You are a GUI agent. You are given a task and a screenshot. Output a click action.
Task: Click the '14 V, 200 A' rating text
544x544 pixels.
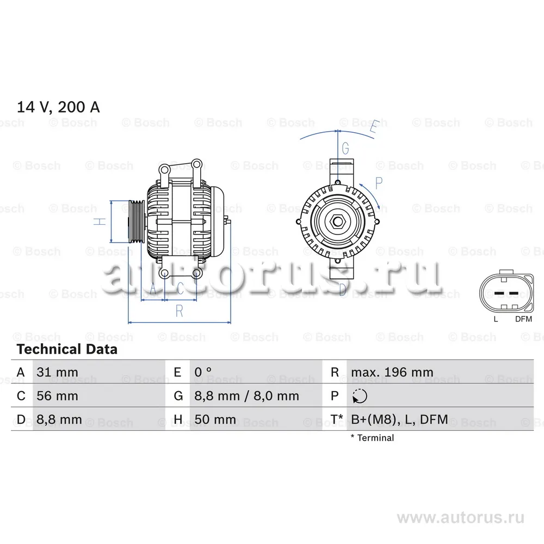[58, 107]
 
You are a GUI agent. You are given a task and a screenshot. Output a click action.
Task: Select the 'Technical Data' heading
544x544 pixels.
[67, 349]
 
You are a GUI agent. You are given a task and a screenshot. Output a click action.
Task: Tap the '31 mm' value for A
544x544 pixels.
[57, 373]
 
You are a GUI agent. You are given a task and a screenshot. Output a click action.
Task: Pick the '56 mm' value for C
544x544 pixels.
[57, 396]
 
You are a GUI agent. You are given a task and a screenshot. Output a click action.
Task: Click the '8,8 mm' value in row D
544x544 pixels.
[59, 419]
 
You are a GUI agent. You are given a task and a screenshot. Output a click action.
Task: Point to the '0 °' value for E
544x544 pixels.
[203, 373]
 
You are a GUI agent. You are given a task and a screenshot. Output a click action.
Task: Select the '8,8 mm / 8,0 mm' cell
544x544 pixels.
[246, 396]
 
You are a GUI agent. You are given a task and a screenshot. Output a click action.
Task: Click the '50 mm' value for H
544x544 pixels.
[215, 419]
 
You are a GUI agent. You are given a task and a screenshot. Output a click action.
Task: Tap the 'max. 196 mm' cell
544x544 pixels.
[392, 373]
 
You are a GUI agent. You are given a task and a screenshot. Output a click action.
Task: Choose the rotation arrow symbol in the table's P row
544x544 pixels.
[360, 397]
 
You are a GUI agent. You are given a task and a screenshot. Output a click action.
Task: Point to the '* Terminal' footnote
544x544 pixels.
[372, 437]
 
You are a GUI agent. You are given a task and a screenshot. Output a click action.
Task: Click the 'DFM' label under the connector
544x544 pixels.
[523, 319]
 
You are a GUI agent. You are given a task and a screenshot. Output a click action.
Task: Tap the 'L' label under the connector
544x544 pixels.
[496, 319]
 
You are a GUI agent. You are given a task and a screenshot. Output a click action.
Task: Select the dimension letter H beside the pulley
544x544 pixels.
[98, 221]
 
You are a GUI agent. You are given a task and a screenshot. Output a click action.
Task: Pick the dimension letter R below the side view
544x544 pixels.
[178, 311]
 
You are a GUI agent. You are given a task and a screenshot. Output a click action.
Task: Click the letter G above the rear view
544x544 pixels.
[345, 147]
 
